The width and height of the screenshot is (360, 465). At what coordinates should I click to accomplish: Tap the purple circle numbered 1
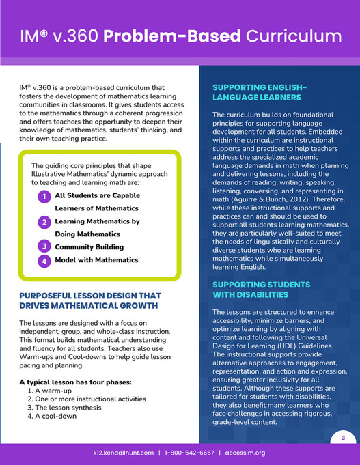[x=43, y=197]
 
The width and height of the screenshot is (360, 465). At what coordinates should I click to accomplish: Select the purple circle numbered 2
[x=43, y=222]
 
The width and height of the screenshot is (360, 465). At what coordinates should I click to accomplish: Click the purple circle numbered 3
[x=43, y=245]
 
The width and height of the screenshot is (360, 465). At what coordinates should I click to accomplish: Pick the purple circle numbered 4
[x=43, y=261]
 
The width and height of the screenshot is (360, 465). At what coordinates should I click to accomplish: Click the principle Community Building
[x=87, y=245]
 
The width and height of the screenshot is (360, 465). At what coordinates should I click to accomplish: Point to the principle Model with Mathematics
[x=96, y=260]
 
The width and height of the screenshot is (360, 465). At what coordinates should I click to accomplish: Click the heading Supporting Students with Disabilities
[x=260, y=289]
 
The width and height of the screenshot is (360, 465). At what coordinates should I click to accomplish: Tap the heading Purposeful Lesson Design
[x=89, y=300]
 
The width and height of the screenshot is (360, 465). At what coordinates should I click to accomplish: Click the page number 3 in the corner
[x=343, y=436]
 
